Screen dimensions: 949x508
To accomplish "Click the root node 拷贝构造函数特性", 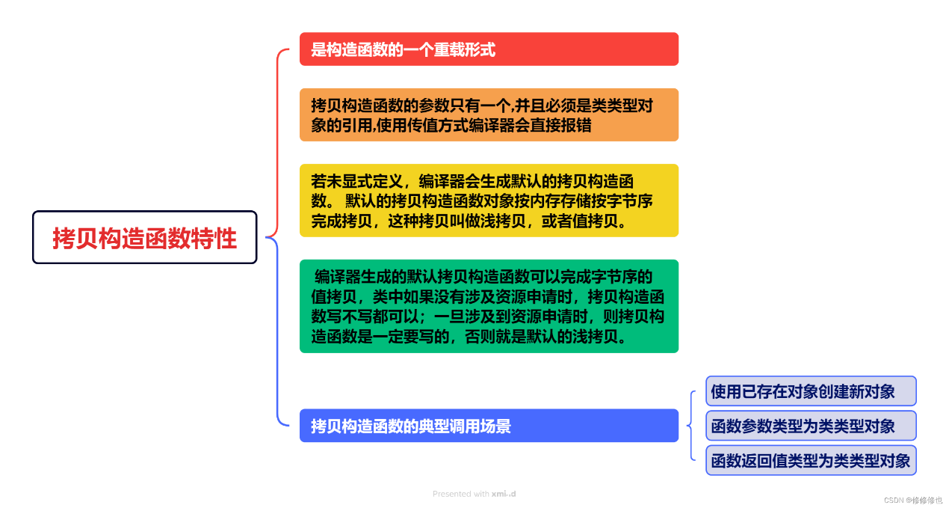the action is point(145,237).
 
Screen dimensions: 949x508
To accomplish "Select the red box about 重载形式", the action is point(489,49).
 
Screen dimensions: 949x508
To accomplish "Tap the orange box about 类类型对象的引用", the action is point(489,115).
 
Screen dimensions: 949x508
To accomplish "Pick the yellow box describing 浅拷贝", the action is point(489,201).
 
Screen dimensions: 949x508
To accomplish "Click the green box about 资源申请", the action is point(489,306).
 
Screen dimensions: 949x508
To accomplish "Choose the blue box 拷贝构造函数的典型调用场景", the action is point(489,425).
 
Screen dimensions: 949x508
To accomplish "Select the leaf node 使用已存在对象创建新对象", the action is point(811,391).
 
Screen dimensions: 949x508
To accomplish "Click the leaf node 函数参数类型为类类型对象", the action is point(811,426).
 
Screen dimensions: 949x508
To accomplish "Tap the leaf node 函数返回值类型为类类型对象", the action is point(811,461).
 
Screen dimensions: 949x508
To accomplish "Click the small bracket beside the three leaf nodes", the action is point(691,425).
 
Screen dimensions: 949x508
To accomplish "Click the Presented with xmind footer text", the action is point(474,494).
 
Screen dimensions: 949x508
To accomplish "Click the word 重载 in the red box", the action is point(449,49).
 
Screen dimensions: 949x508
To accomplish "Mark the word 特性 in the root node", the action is point(214,239).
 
